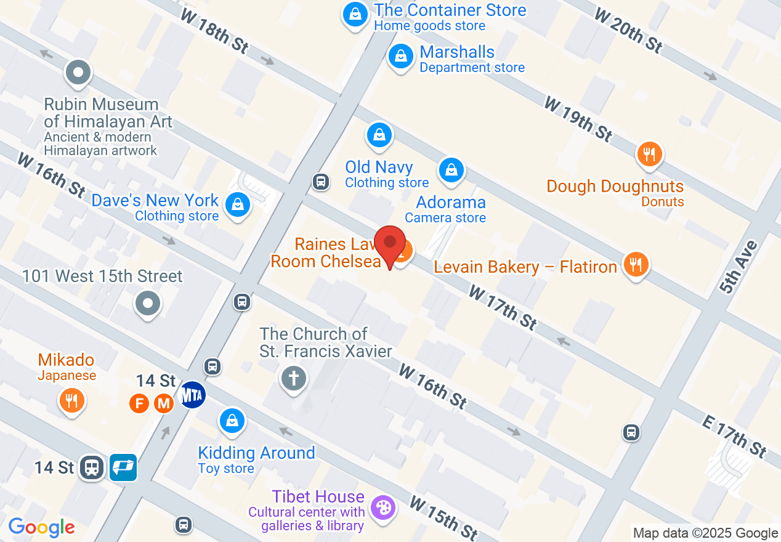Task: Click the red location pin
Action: pyautogui.click(x=390, y=244)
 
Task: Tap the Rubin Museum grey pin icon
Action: pyautogui.click(x=78, y=73)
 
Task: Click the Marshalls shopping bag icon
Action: pyautogui.click(x=401, y=57)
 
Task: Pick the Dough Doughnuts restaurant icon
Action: pyautogui.click(x=649, y=154)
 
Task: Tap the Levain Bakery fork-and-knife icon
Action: pyautogui.click(x=636, y=265)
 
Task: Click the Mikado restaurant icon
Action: pyautogui.click(x=72, y=401)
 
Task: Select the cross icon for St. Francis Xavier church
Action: pyautogui.click(x=294, y=378)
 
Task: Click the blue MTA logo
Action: pyautogui.click(x=192, y=394)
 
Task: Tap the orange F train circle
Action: pyautogui.click(x=140, y=404)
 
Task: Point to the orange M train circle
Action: pyautogui.click(x=163, y=404)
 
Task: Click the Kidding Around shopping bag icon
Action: pyautogui.click(x=232, y=421)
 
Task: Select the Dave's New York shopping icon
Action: pyautogui.click(x=237, y=204)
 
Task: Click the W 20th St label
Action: pyautogui.click(x=628, y=30)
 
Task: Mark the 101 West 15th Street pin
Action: pyautogui.click(x=148, y=303)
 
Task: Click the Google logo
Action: pyautogui.click(x=41, y=527)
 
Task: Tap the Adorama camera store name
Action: pyautogui.click(x=451, y=202)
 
